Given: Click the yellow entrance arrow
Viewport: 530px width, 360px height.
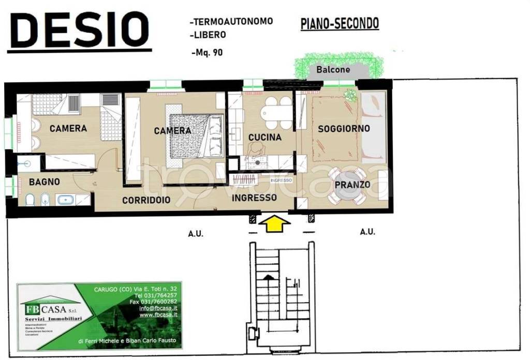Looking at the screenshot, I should coord(273,223).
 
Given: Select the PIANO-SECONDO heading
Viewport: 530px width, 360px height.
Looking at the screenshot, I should coord(340,23).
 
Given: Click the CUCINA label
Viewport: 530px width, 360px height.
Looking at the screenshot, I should coord(264,137).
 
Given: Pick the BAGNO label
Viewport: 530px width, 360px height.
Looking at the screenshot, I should coord(44,182).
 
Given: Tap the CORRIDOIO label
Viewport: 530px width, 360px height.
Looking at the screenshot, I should coord(146,201).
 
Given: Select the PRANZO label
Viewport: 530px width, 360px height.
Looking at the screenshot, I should coord(352,185).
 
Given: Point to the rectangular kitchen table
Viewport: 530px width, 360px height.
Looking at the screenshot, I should coord(276,112).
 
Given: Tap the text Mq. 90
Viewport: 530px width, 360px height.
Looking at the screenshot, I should coord(207,52).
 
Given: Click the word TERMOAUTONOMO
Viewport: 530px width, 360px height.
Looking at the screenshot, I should coord(231,21).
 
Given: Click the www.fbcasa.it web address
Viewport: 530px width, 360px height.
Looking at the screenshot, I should coord(158,314).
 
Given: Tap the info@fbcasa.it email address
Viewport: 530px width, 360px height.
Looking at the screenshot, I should coord(158,308).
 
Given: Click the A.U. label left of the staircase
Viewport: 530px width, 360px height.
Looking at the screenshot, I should coord(196,234).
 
